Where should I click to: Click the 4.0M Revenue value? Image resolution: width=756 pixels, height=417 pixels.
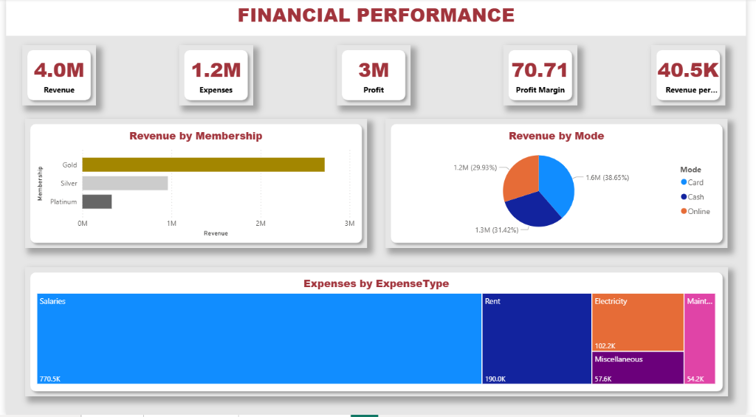tap(59, 70)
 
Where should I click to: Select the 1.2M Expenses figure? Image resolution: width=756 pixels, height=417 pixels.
tap(216, 70)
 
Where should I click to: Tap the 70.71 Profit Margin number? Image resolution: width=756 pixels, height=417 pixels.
tap(540, 70)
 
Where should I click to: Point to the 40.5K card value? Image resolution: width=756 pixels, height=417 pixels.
tap(687, 70)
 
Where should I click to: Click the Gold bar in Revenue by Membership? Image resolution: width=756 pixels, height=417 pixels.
tap(203, 165)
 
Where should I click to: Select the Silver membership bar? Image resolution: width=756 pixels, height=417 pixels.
tap(125, 183)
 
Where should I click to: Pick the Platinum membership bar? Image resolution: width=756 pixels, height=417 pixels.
tap(97, 201)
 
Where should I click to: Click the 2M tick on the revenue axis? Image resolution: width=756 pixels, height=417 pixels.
tap(260, 223)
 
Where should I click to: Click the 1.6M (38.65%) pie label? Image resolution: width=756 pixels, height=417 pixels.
tap(607, 178)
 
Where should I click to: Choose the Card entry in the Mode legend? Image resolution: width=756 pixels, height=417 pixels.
tap(695, 182)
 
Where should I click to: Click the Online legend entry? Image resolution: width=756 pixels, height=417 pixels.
tap(698, 212)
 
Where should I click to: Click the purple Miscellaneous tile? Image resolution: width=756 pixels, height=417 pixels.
tap(638, 368)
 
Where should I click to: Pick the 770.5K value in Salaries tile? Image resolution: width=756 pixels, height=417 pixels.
tap(50, 379)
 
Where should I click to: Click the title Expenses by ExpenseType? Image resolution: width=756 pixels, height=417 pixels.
tap(376, 283)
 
